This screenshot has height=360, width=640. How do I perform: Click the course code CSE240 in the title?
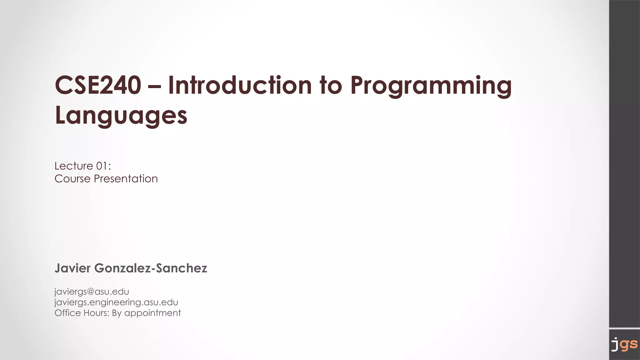(98, 85)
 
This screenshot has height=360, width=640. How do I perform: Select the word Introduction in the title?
(240, 85)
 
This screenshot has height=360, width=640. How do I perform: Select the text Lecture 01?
(83, 166)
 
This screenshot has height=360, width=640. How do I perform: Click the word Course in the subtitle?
(72, 179)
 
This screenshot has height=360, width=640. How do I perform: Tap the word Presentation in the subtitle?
(126, 179)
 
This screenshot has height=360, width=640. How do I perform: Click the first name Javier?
(72, 268)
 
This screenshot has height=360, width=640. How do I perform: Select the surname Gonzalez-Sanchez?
(150, 268)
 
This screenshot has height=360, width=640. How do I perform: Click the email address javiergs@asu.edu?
(92, 292)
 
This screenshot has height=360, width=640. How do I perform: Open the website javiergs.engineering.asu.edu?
(116, 302)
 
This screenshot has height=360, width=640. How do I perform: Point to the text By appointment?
(146, 313)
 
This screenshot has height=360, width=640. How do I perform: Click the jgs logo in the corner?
(624, 344)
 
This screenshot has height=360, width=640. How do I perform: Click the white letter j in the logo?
(615, 344)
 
